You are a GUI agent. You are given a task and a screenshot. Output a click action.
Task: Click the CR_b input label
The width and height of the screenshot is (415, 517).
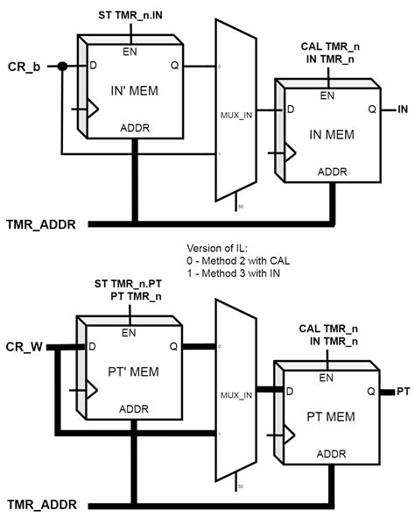click(x=25, y=67)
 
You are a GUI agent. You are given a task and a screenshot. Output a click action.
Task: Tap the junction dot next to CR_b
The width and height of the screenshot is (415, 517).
click(x=62, y=67)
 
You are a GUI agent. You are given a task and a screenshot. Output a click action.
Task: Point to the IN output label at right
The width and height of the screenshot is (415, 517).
click(x=403, y=110)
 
